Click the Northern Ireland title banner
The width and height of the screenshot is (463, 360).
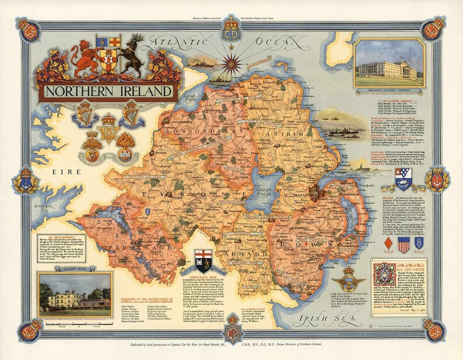[x=108, y=92]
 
